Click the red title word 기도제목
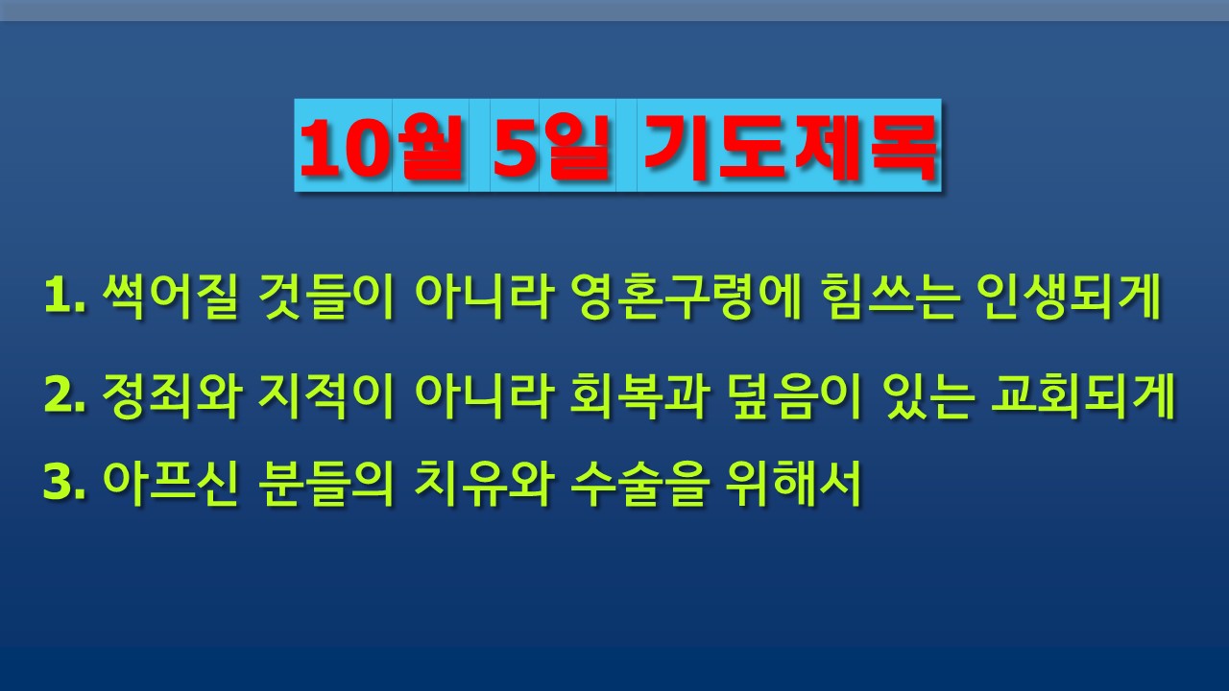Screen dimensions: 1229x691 [x=790, y=148]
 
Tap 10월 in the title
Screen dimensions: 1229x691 [x=380, y=147]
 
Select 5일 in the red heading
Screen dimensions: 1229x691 [x=551, y=147]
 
